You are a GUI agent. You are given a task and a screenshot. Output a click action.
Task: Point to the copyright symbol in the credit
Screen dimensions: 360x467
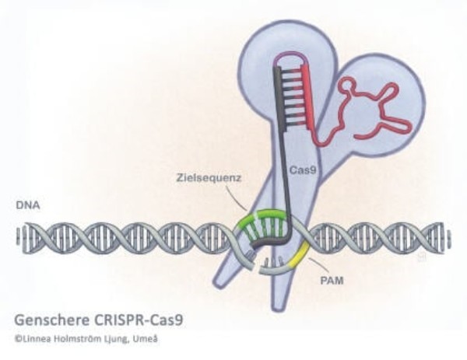point(17,339)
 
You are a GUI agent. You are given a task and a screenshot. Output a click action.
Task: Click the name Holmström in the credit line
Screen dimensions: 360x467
point(81,339)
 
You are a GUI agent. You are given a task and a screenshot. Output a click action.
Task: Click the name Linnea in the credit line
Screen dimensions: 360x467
point(37,339)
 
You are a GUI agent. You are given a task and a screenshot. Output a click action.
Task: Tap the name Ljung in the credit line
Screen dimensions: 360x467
point(117,339)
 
